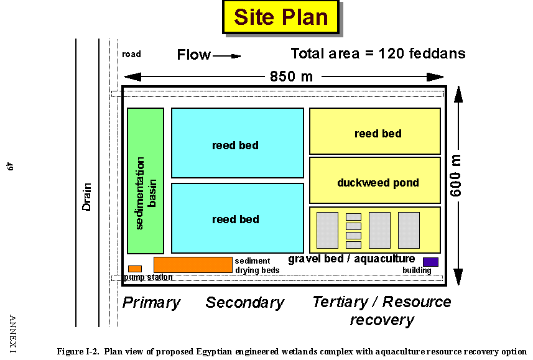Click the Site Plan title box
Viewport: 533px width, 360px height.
pyautogui.click(x=280, y=17)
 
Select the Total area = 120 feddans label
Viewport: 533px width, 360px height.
pyautogui.click(x=378, y=53)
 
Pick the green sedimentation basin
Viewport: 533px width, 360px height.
pyautogui.click(x=146, y=181)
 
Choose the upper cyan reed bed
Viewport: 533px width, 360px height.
pyautogui.click(x=237, y=143)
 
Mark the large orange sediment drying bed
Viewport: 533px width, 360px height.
pyautogui.click(x=193, y=264)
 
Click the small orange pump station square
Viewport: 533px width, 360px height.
pyautogui.click(x=135, y=269)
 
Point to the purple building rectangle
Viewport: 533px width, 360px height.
pyautogui.click(x=430, y=262)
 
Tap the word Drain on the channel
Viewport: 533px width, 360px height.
pyautogui.click(x=86, y=196)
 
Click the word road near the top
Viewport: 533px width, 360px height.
pyautogui.click(x=131, y=54)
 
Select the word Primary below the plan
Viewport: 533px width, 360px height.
pyautogui.click(x=151, y=303)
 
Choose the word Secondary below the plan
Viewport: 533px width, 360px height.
pyautogui.click(x=244, y=303)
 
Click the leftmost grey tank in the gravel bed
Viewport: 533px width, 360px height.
pyautogui.click(x=327, y=230)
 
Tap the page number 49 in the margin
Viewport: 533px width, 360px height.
pyautogui.click(x=9, y=166)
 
